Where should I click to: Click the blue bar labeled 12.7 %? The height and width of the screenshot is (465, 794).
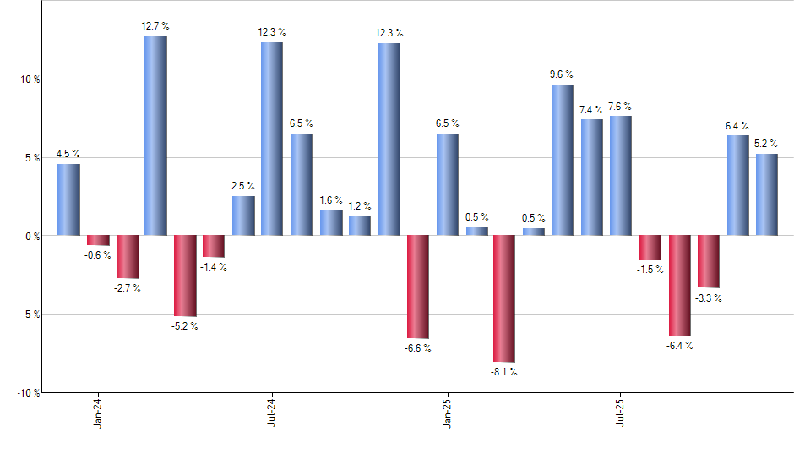click(155, 135)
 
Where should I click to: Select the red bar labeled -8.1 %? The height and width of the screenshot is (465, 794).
click(505, 298)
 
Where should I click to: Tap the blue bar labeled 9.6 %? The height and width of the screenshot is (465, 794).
click(563, 160)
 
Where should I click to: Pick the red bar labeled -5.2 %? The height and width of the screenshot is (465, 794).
click(185, 276)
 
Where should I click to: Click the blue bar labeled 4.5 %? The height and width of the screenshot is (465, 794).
click(68, 200)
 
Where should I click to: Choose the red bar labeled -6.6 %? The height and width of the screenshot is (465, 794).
click(418, 287)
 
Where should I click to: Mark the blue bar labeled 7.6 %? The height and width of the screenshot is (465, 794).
click(621, 176)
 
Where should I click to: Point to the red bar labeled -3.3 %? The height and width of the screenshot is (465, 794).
click(709, 261)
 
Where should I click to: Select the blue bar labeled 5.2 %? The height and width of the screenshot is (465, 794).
click(767, 194)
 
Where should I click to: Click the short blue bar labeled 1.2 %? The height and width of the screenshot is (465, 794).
click(360, 226)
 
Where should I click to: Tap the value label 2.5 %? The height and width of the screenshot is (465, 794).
click(243, 186)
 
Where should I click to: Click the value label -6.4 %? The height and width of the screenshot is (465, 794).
click(679, 346)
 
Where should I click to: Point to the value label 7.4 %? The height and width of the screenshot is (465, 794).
click(592, 110)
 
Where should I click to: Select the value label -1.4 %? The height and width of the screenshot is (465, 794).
click(214, 267)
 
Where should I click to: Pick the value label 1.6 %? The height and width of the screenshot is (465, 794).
click(331, 200)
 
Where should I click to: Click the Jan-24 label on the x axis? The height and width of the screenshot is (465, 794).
click(98, 412)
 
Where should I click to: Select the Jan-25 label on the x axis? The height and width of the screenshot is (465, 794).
click(447, 412)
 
